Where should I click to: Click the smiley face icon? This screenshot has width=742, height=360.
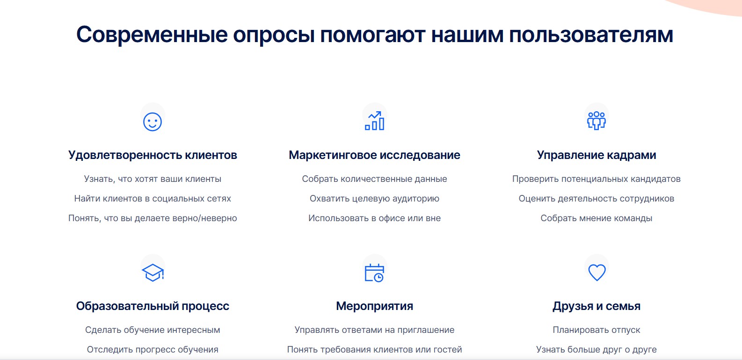[x=153, y=122]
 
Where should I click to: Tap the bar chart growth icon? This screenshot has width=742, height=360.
[x=374, y=121]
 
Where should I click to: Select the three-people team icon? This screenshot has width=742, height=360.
[x=596, y=121]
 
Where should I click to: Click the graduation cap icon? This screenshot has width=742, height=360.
[x=153, y=273]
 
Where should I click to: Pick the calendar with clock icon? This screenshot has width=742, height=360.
[x=374, y=273]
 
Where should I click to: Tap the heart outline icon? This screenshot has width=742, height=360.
[x=597, y=273]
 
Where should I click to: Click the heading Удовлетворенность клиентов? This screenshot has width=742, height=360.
[x=153, y=155]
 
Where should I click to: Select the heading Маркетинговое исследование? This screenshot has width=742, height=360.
[x=374, y=155]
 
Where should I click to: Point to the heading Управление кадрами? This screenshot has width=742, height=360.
[x=597, y=155]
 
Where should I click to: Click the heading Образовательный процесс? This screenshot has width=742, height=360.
[x=153, y=306]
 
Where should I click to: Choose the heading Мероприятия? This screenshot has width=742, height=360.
[x=374, y=306]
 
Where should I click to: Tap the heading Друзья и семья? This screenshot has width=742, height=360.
[x=597, y=306]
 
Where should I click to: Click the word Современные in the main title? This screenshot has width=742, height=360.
[x=152, y=35]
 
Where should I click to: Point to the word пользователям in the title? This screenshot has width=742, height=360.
[x=591, y=35]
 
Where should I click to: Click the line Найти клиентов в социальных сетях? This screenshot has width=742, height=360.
[x=153, y=199]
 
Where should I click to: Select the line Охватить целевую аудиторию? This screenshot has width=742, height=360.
[x=374, y=199]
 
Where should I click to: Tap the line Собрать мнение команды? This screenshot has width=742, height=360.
[x=597, y=218]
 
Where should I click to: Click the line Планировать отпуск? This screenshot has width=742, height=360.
[x=597, y=330]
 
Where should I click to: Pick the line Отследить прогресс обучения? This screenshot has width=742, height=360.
[x=153, y=349]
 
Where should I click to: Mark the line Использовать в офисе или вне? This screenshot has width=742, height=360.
[x=374, y=218]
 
